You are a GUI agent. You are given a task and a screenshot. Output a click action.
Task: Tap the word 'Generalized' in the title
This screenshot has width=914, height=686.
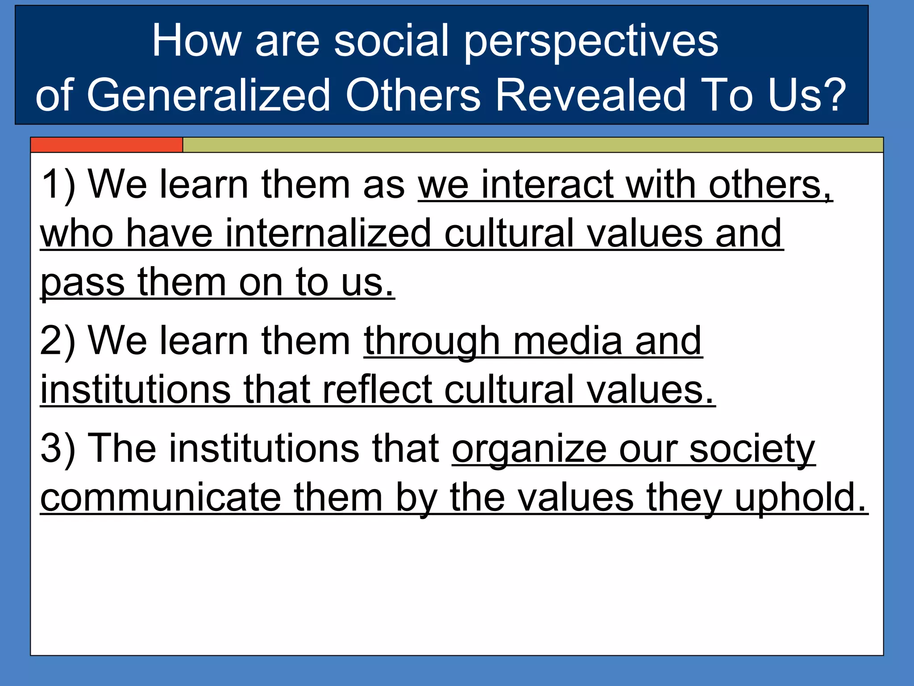coord(208,95)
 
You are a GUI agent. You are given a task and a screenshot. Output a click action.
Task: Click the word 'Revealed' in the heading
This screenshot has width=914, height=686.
coord(590,95)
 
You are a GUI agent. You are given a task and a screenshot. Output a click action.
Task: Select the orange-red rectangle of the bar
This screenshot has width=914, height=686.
coord(107,145)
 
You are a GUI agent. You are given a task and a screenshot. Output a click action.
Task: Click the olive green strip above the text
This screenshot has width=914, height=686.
coord(532,145)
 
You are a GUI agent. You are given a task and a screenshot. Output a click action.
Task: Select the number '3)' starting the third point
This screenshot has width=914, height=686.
coord(58,449)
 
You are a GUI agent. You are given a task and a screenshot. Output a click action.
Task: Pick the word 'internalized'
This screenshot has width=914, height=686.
coord(328,234)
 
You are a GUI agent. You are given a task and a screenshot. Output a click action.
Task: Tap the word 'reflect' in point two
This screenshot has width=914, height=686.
coord(377,390)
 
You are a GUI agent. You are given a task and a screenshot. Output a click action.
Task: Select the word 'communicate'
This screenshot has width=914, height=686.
coord(161,498)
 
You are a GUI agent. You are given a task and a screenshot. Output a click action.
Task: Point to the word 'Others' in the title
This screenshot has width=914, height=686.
coord(413,95)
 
